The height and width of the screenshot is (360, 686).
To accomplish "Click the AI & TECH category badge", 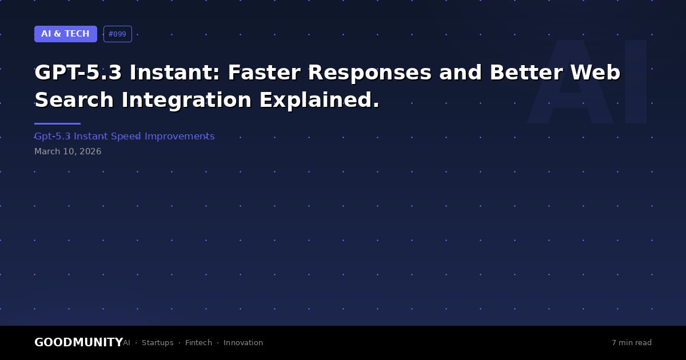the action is [x=66, y=34].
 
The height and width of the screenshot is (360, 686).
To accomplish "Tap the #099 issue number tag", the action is [x=118, y=34].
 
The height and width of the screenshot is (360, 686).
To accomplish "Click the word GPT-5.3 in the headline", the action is [x=78, y=73].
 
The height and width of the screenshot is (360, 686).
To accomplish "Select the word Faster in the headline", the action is [x=264, y=73].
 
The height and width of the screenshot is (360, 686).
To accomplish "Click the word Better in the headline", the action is [x=526, y=73].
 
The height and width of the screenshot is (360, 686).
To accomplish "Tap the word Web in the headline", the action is [x=595, y=73].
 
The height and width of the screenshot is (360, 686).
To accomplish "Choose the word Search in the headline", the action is [x=74, y=100].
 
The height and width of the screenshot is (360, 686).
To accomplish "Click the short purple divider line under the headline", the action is [x=57, y=123].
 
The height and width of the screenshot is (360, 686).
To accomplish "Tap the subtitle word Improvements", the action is [x=180, y=137].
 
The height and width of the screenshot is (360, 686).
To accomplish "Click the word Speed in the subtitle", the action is [x=126, y=137].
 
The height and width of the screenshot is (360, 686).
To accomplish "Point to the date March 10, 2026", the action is [x=67, y=151].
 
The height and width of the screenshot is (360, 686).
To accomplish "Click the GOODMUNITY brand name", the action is [x=79, y=342].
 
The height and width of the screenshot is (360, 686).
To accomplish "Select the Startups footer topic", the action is [x=157, y=343].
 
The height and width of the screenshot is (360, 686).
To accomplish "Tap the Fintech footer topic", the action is [x=198, y=342].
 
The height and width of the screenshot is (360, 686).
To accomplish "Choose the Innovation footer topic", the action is [x=243, y=342].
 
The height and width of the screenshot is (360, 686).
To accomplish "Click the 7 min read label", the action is [x=632, y=342].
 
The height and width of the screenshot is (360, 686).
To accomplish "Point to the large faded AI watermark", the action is [x=587, y=81].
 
